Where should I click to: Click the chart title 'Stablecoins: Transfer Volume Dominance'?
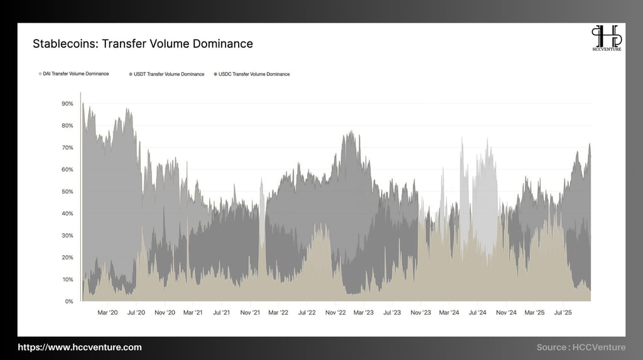[x=143, y=44]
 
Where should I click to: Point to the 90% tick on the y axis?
[x=67, y=104]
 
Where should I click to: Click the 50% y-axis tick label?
[x=67, y=192]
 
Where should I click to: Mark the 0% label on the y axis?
[x=68, y=302]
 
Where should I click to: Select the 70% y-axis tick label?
[x=67, y=148]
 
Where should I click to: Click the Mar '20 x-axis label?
[x=108, y=312]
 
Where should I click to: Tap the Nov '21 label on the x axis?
[x=250, y=312]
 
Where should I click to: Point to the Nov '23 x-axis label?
[x=420, y=312]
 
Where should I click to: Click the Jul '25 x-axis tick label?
[x=563, y=312]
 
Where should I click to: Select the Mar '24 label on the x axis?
[x=450, y=312]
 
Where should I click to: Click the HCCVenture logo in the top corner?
[x=606, y=38]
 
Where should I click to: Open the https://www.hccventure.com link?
[x=79, y=347]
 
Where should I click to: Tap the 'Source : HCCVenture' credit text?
[x=581, y=347]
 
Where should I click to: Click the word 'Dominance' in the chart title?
[x=223, y=44]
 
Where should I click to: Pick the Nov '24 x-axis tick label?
[x=506, y=312]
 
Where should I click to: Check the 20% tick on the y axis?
[x=67, y=258]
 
